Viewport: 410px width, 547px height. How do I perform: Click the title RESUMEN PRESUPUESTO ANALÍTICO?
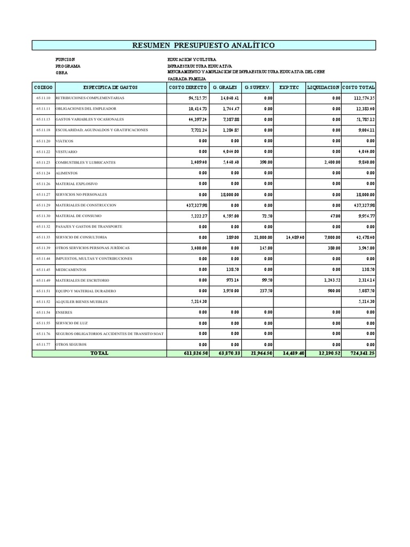pos(204,45)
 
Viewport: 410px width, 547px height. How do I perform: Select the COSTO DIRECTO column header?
pos(187,87)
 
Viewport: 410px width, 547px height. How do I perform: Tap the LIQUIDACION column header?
pos(323,87)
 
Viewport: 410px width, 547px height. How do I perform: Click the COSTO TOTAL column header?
pos(358,87)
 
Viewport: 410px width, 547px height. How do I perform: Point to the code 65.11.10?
pos(43,98)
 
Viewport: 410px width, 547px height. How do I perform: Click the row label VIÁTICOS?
pos(64,141)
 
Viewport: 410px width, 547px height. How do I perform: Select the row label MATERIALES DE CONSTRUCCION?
pos(85,205)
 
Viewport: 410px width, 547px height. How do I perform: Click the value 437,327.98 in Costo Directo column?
pos(194,205)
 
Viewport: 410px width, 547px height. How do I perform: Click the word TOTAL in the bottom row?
pos(99,353)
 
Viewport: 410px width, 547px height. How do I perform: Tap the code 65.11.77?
pos(43,345)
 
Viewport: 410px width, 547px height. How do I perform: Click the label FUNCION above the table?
pos(65,59)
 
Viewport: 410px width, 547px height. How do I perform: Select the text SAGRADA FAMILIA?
pos(187,79)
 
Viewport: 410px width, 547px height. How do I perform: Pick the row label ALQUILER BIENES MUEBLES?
pos(81,302)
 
